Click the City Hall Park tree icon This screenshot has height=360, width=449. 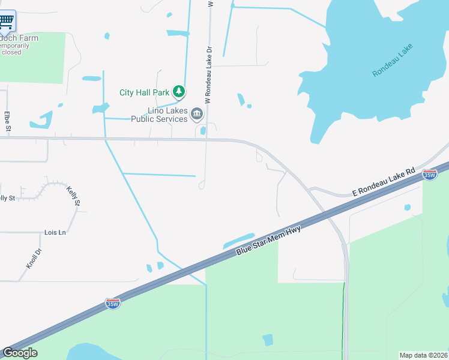[x=178, y=92]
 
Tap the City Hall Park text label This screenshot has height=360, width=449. [x=144, y=92]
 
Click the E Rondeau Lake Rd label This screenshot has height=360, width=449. [x=383, y=182]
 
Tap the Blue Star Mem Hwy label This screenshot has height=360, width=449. [x=268, y=240]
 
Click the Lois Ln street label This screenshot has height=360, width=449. [x=55, y=232]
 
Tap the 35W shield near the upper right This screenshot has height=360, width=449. [x=430, y=175]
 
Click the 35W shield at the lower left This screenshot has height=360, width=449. [x=112, y=304]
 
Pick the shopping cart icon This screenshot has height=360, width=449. [x=6, y=21]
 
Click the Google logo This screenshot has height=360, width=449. [x=20, y=353]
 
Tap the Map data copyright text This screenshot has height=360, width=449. [x=423, y=355]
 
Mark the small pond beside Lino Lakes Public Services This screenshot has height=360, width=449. [x=203, y=130]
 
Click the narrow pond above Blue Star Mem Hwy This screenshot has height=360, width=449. [x=239, y=240]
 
